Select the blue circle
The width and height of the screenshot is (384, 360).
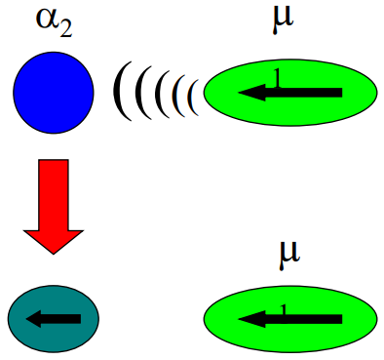pyautogui.click(x=54, y=91)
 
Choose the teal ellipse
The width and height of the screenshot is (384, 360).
pyautogui.click(x=54, y=318)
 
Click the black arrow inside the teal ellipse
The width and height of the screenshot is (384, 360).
pyautogui.click(x=54, y=318)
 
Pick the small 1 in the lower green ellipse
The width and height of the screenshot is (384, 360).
pyautogui.click(x=284, y=308)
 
